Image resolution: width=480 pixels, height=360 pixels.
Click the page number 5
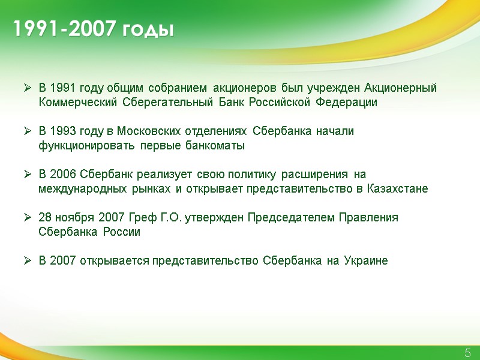[x=467, y=353]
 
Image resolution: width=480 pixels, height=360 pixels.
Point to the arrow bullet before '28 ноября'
[x=27, y=217]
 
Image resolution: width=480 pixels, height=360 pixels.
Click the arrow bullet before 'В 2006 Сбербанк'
[x=27, y=175]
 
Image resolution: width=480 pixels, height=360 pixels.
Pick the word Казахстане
[x=397, y=189]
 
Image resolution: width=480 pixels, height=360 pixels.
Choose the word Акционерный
[x=400, y=88]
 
